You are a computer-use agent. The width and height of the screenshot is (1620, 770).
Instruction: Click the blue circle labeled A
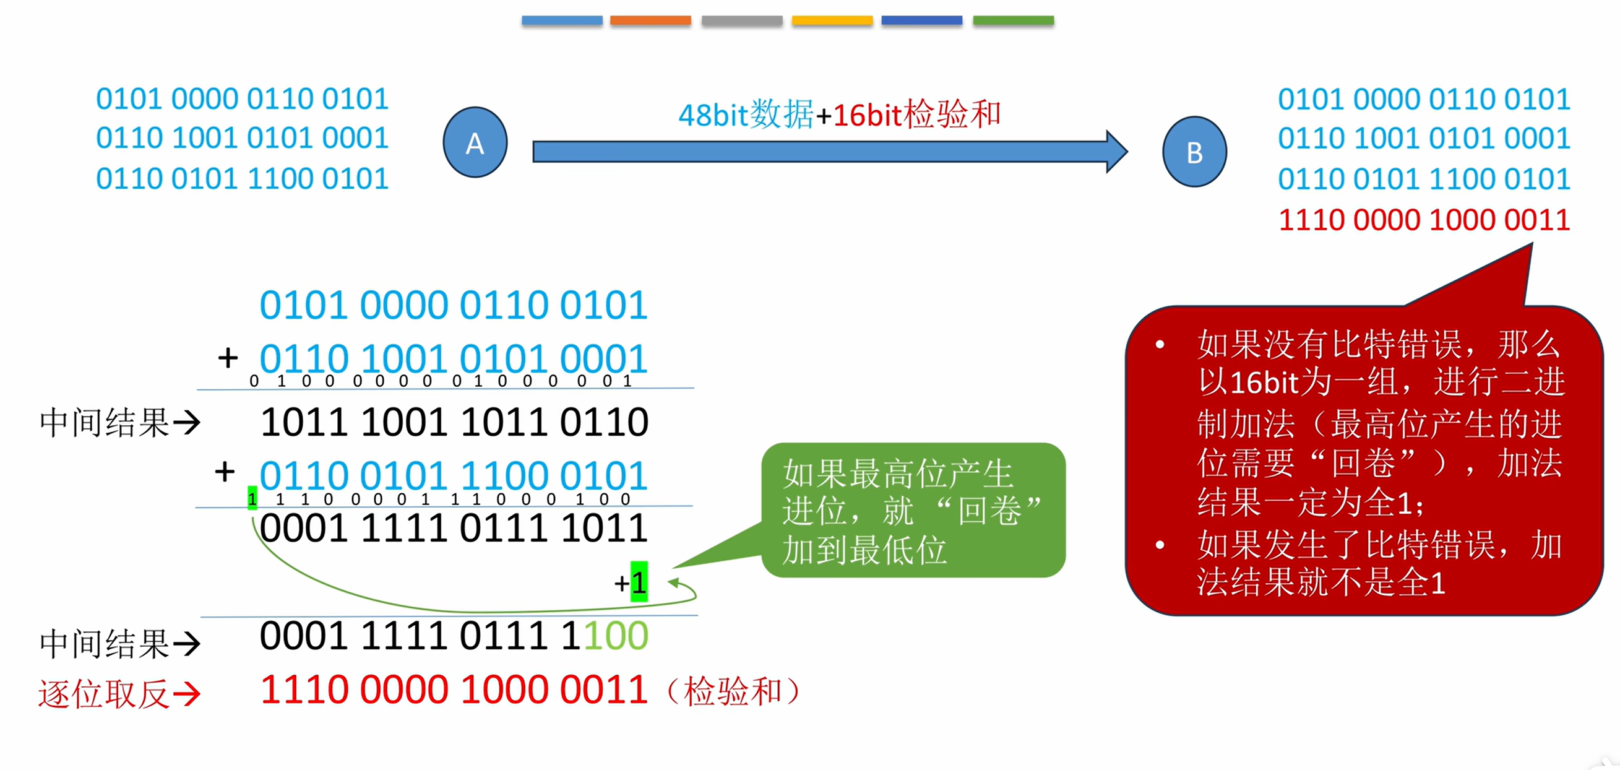pos(475,142)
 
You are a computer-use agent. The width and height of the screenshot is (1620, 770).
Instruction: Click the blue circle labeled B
pos(1194,152)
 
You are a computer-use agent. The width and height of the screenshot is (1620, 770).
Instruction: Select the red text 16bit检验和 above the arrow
pos(916,115)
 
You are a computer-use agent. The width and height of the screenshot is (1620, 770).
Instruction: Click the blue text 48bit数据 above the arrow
pos(746,115)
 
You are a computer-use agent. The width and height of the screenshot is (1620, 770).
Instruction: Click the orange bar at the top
pos(650,21)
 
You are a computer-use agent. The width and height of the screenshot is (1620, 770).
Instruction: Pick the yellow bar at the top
pos(832,21)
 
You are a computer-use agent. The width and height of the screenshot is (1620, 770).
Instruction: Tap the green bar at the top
pos(1013,21)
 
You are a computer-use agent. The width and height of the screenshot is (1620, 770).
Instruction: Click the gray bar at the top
pos(742,21)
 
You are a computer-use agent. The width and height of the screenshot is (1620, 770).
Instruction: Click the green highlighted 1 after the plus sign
pos(639,582)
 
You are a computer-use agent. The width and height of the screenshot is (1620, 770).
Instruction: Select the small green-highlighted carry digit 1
pos(252,498)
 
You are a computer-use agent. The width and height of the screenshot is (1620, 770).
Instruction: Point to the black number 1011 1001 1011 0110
pos(454,422)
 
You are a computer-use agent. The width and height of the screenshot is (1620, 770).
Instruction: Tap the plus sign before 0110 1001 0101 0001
pos(228,358)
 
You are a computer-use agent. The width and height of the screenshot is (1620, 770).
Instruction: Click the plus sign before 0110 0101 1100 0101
pos(225,471)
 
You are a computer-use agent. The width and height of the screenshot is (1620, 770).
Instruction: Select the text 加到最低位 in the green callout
pos(864,550)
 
